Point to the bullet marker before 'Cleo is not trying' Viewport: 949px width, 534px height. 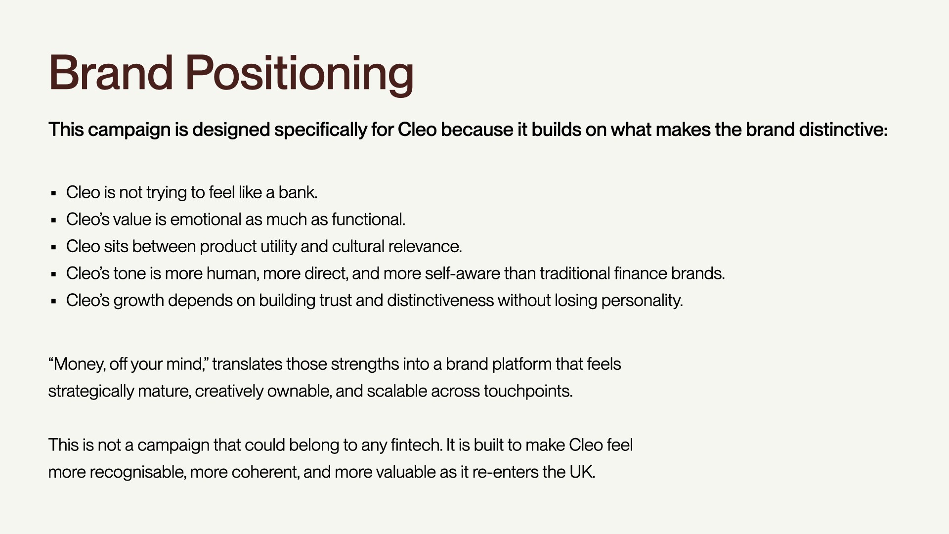[x=54, y=193]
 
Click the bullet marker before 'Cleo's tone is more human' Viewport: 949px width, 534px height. [x=54, y=274]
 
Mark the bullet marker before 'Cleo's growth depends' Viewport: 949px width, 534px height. [x=54, y=301]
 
